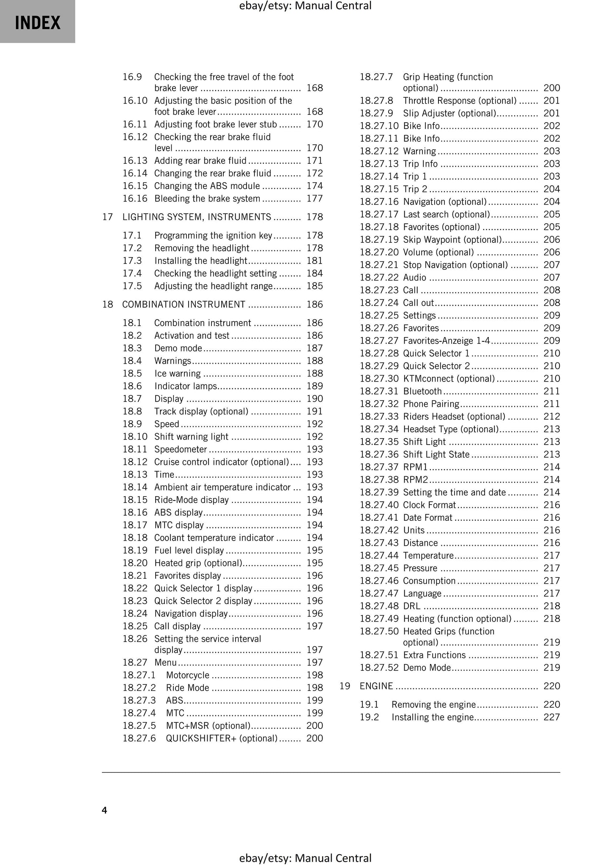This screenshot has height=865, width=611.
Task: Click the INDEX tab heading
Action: (x=38, y=22)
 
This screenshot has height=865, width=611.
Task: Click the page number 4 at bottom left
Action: (x=104, y=810)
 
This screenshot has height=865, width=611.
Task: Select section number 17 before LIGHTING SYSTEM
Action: (x=107, y=217)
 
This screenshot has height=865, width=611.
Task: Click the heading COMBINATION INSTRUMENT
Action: (x=184, y=305)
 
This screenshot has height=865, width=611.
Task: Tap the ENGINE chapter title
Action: (x=376, y=686)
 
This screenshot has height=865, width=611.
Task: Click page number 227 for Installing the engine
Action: (x=551, y=717)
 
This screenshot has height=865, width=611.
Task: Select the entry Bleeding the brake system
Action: (x=207, y=199)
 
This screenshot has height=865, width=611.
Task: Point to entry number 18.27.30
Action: (x=379, y=379)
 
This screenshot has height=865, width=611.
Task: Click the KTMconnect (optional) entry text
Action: (x=449, y=379)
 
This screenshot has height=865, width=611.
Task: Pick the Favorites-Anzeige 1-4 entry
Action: (x=447, y=341)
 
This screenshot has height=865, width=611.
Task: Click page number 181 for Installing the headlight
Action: (x=315, y=261)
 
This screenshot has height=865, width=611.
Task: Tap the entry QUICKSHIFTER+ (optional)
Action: (x=222, y=739)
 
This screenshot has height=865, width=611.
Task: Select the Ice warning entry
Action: (x=177, y=373)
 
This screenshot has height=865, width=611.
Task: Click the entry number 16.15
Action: (x=135, y=186)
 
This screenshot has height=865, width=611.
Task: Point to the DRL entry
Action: (x=411, y=606)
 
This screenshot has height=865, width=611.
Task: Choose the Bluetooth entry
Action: (x=422, y=391)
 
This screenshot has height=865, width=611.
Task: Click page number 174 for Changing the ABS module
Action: (x=315, y=186)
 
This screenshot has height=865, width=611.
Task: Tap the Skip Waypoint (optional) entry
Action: (x=452, y=240)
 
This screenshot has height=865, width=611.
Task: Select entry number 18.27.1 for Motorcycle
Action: (x=139, y=675)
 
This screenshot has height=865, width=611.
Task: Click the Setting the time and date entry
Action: (x=454, y=492)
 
